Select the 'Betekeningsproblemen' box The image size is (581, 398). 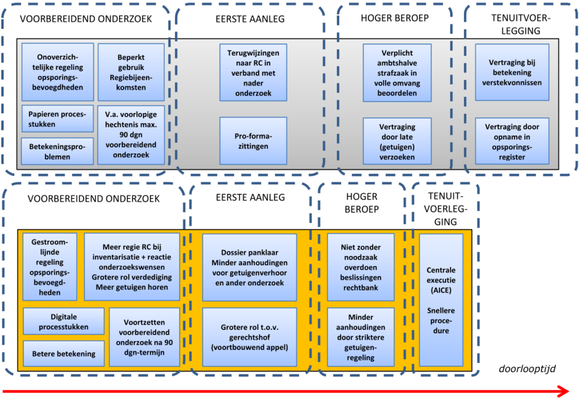57,151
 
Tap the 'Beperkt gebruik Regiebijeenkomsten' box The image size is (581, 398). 131,72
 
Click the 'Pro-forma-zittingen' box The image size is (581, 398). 253,140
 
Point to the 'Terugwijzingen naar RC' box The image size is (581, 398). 253,72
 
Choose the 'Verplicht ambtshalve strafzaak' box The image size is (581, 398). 397,72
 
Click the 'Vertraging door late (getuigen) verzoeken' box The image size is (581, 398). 397,140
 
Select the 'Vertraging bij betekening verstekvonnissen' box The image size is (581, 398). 512,72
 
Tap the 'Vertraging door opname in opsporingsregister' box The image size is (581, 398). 512,140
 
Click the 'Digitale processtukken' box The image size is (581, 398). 64,321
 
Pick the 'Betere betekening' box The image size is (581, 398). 64,354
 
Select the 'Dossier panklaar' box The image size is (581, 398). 249,267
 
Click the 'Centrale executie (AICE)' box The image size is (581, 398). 441,300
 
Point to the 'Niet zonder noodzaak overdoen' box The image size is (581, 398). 360,267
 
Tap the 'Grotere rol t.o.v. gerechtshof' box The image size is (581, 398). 249,336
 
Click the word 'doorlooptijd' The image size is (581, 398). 527,369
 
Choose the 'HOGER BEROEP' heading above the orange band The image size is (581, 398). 362,203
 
